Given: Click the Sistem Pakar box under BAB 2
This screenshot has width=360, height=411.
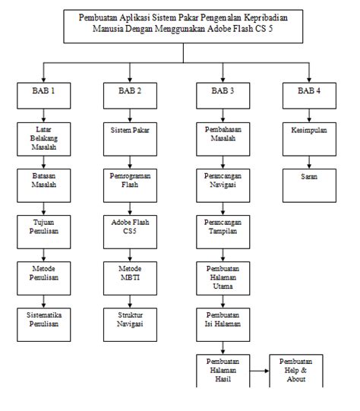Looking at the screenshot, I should pos(130,131).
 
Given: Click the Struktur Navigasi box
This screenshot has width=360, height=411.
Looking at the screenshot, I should pos(130,318).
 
